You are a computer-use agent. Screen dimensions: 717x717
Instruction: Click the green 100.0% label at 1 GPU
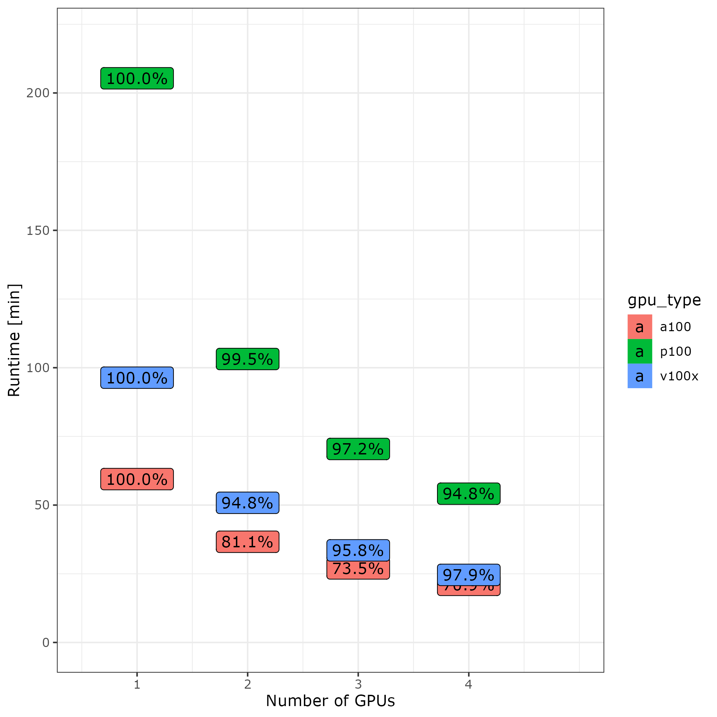click(137, 79)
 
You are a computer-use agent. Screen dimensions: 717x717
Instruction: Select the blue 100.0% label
click(137, 378)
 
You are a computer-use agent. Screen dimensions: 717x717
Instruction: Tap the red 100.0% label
click(137, 479)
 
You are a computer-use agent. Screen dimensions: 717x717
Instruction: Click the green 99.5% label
click(248, 359)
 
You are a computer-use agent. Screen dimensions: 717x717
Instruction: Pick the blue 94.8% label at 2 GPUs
click(248, 503)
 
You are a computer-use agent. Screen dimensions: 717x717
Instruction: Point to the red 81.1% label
click(248, 542)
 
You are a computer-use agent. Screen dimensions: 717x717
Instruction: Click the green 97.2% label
click(358, 449)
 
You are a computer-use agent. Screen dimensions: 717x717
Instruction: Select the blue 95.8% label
click(358, 550)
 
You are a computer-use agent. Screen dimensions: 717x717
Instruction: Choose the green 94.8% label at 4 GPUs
click(469, 494)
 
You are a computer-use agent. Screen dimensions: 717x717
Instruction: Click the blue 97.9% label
click(469, 575)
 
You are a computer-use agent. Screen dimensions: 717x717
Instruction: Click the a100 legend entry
click(675, 327)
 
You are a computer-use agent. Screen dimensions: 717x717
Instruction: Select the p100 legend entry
click(675, 351)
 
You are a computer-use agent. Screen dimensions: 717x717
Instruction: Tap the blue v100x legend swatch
click(640, 376)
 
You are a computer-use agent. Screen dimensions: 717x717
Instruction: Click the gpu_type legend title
click(664, 300)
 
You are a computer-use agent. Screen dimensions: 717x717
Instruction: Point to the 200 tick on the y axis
click(38, 93)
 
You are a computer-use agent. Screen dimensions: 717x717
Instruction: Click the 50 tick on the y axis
click(42, 505)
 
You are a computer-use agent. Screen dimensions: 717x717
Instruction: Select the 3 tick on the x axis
click(358, 684)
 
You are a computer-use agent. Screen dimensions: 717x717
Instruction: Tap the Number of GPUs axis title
click(330, 701)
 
